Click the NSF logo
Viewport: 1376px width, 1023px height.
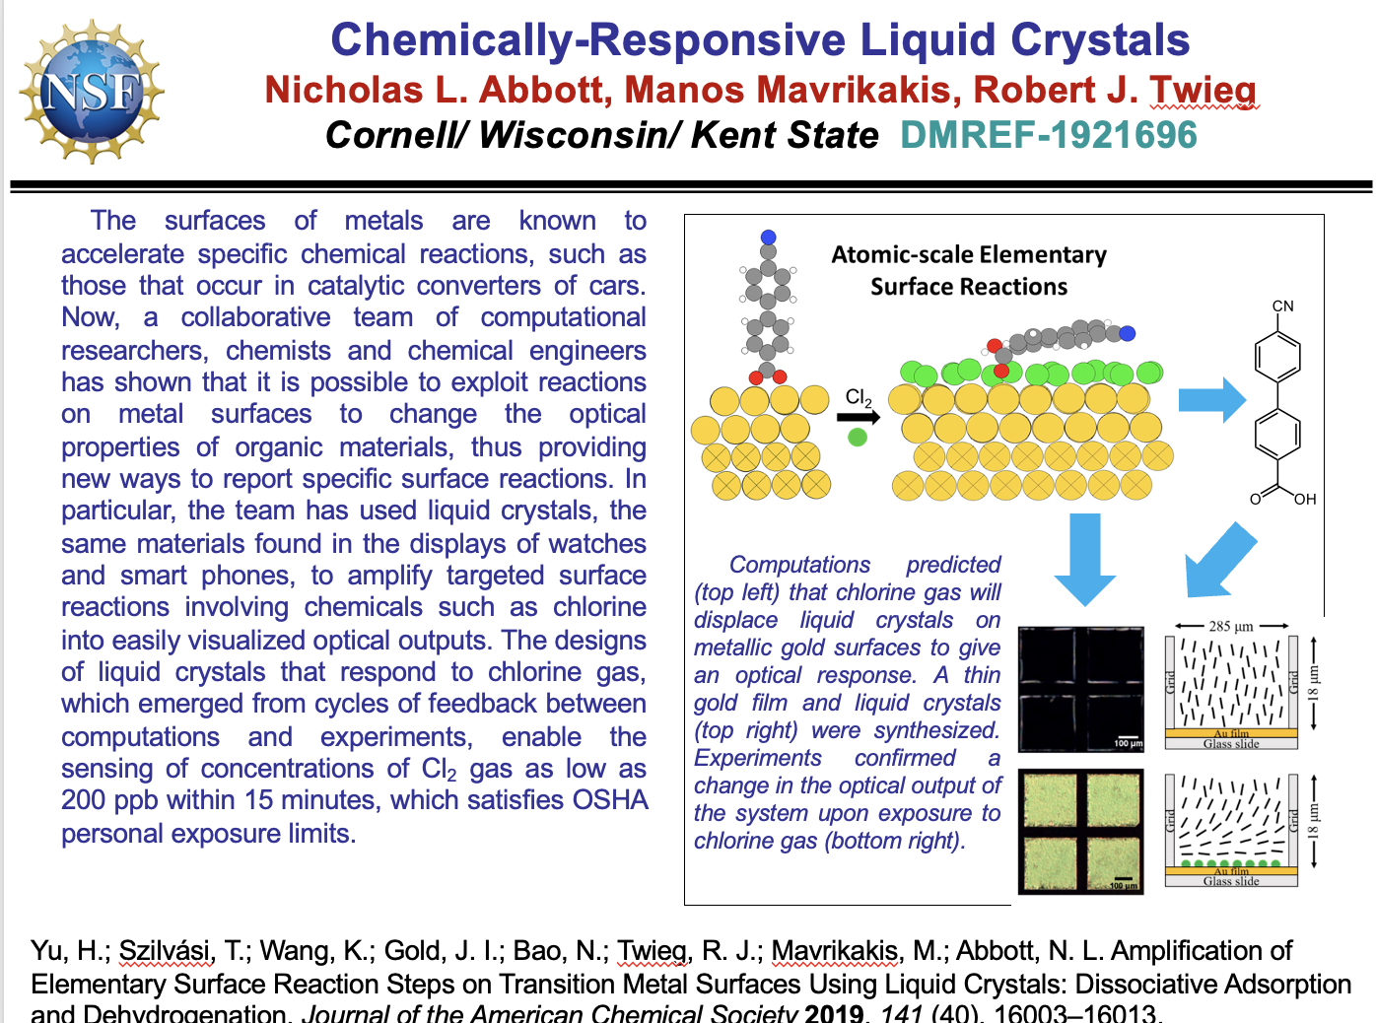(x=92, y=91)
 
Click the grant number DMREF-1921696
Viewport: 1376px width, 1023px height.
(x=1049, y=135)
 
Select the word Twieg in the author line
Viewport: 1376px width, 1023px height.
(x=1203, y=90)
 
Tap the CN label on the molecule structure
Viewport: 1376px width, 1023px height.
(x=1282, y=306)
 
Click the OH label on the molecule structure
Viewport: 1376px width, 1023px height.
(x=1305, y=499)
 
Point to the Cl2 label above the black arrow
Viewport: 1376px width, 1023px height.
(x=859, y=397)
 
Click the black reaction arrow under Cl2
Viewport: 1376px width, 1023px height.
(x=858, y=417)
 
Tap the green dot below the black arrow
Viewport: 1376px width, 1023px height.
(x=858, y=437)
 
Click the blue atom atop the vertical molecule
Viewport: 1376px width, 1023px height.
(x=769, y=238)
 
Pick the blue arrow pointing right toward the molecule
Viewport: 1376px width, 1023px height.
(x=1212, y=399)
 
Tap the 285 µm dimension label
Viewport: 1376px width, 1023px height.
(x=1231, y=626)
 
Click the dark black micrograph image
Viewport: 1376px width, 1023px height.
(x=1080, y=689)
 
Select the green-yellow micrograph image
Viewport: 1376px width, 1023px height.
(x=1080, y=831)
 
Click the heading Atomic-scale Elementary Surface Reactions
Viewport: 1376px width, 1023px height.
(x=969, y=270)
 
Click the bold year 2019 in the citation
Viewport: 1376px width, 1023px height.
(x=834, y=1012)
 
